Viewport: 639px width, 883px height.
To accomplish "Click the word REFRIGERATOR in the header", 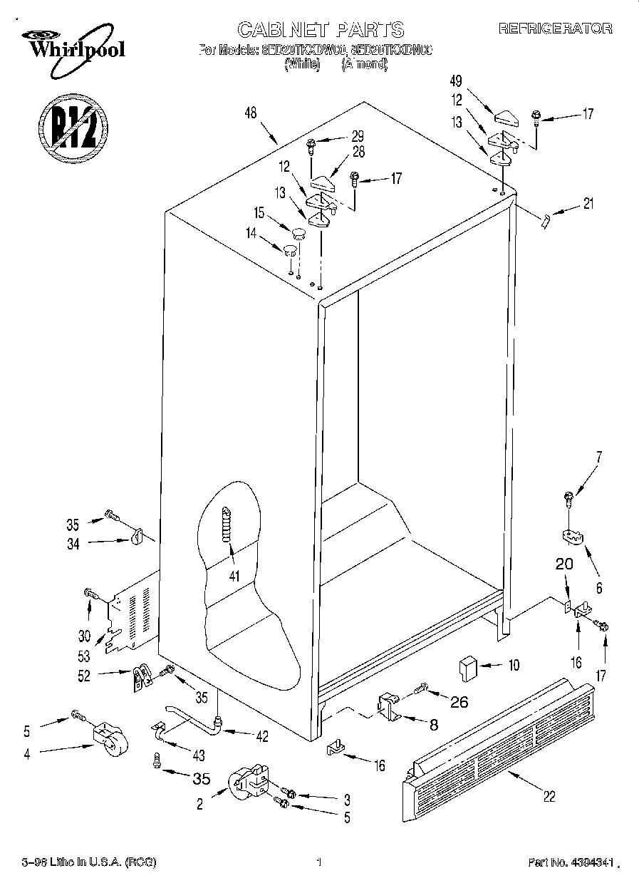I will coord(555,29).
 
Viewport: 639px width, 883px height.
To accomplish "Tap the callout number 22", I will coord(549,797).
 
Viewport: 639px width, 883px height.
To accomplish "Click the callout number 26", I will coord(460,702).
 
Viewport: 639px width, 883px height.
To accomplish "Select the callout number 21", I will coord(588,204).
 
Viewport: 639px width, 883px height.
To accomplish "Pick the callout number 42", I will coord(262,737).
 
